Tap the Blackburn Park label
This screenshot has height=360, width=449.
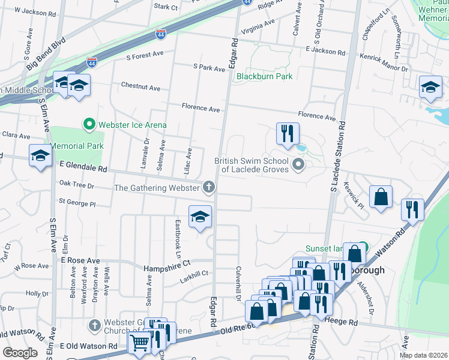[x=264, y=76]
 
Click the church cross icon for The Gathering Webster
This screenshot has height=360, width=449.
[x=209, y=188]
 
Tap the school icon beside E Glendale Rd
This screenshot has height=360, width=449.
[x=40, y=156]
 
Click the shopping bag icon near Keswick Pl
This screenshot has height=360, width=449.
[x=381, y=197]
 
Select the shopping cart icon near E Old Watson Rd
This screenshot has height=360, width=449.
[x=139, y=344]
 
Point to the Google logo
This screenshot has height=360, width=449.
[x=19, y=353]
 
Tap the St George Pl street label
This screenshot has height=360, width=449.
[x=77, y=204]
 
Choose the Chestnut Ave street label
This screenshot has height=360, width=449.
[x=140, y=88]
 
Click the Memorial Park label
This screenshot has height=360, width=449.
[x=77, y=146]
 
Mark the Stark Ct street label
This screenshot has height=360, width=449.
[x=166, y=7]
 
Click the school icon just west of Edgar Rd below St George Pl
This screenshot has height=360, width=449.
[x=200, y=217]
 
